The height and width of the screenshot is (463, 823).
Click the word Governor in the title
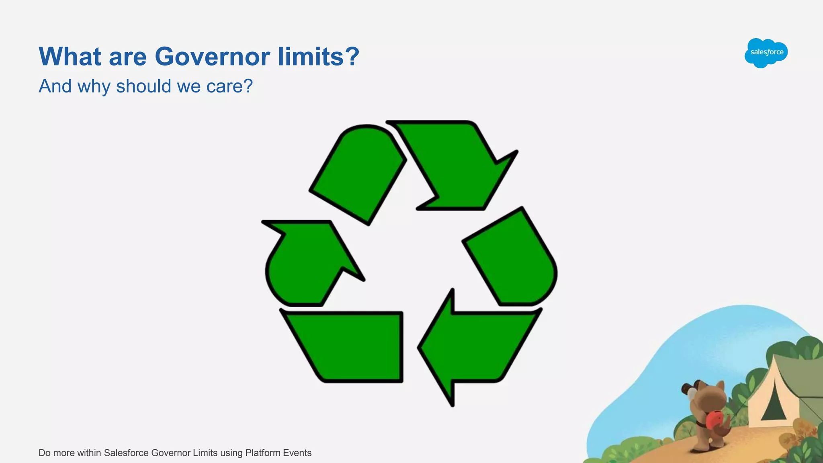pos(212,57)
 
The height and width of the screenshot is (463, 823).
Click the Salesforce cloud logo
pos(766,53)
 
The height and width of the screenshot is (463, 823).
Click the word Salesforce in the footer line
pos(126,453)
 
